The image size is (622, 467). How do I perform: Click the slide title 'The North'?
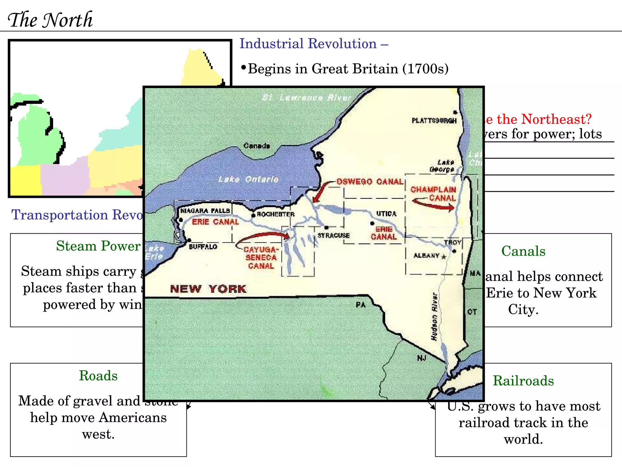[50, 20]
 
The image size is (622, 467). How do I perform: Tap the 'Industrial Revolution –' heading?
[314, 44]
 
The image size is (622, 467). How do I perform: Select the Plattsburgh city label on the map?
[434, 121]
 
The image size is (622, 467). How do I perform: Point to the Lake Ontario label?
[248, 179]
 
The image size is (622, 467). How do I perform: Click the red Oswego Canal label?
[370, 182]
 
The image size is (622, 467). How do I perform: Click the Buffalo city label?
[203, 247]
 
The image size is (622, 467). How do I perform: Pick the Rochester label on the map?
[275, 214]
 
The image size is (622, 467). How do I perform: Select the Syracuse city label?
[333, 236]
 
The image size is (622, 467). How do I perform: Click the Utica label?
[386, 214]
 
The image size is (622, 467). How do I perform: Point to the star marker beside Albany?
[444, 257]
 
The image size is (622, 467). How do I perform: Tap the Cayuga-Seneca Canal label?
[261, 258]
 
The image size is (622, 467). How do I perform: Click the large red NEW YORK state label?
[208, 289]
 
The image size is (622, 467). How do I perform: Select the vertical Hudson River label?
[434, 316]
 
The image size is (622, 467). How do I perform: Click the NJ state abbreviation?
[422, 358]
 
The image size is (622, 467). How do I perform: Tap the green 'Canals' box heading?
[523, 251]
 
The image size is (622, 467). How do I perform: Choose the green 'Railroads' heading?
[523, 381]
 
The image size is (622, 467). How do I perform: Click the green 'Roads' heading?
[98, 376]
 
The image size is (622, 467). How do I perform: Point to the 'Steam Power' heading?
[98, 246]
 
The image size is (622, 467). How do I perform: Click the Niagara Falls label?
[205, 211]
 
